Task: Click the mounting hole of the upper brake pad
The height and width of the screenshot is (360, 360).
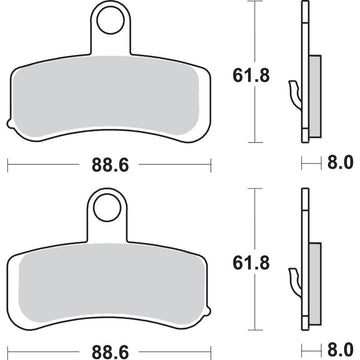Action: (109, 20)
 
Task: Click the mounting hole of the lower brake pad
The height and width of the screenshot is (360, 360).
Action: (107, 207)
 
